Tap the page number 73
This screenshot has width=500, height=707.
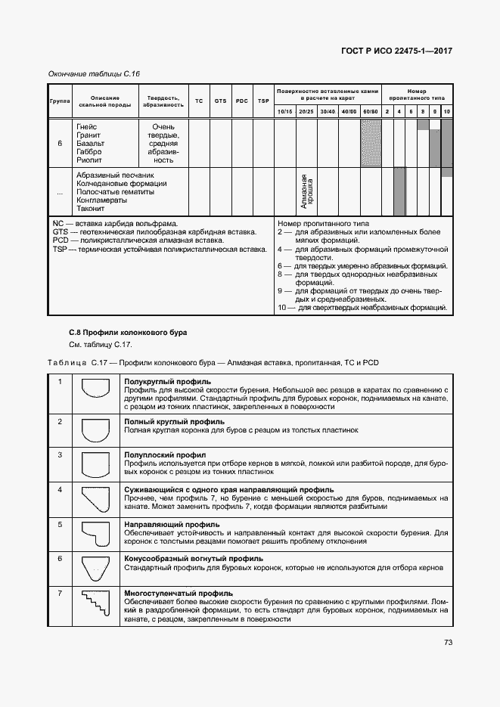(448, 643)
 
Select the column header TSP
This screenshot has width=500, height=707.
(262, 101)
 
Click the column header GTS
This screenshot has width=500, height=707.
(220, 101)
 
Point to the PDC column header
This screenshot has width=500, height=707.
(241, 101)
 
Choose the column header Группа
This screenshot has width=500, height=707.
(60, 101)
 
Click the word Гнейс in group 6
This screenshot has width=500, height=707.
(86, 126)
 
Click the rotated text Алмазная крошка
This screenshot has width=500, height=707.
(306, 192)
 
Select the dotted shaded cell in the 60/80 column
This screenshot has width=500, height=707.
(370, 143)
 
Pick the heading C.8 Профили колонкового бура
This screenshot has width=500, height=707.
(116, 333)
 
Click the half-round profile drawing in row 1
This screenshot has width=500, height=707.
(97, 394)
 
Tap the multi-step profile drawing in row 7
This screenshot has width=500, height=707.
(97, 606)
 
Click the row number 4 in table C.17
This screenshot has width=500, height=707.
(60, 490)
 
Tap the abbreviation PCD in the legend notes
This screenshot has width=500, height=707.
(61, 240)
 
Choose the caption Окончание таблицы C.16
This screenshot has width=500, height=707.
(94, 73)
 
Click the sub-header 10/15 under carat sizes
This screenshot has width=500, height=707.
(285, 111)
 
